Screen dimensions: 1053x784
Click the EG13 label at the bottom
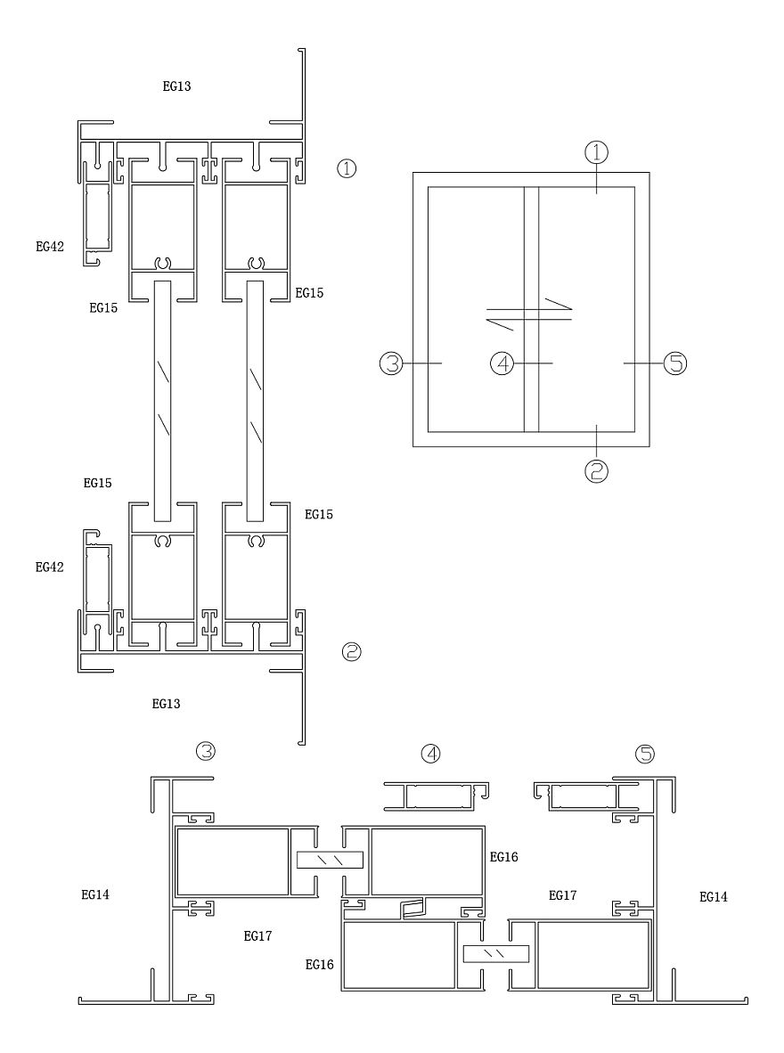point(167,704)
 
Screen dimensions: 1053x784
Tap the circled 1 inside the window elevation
point(597,152)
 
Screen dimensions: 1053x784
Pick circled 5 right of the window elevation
point(675,363)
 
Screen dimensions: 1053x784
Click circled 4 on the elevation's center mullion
point(503,363)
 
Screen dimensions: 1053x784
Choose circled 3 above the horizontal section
point(206,751)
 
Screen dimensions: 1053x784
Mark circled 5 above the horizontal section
point(644,754)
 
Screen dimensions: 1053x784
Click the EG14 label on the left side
point(95,894)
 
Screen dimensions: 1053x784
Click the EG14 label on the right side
point(713,897)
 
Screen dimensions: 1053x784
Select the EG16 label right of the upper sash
point(503,857)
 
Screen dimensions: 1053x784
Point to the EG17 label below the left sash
point(258,935)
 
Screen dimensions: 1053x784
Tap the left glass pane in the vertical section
point(163,401)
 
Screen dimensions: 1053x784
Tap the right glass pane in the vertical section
point(255,401)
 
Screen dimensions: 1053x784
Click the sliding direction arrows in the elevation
point(529,313)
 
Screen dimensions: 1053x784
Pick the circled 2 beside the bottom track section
point(351,652)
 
